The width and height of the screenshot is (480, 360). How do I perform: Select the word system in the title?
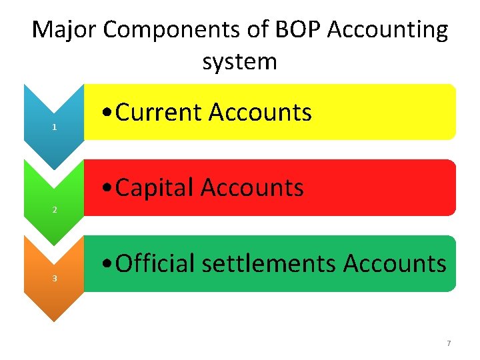point(239,62)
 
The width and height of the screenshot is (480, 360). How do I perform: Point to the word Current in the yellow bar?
point(159,113)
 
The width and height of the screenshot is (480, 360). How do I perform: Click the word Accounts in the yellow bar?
point(261,113)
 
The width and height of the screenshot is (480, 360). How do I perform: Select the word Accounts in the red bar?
point(253,188)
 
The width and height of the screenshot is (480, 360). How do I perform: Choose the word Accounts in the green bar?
point(395,263)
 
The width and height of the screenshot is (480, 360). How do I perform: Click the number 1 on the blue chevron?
point(54,127)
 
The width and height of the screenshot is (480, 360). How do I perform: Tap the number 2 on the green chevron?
point(54,210)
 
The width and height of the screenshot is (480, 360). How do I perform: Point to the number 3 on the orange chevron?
point(54,278)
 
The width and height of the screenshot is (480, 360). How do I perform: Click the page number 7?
point(449,343)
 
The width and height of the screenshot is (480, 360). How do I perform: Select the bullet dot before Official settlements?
point(107,265)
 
